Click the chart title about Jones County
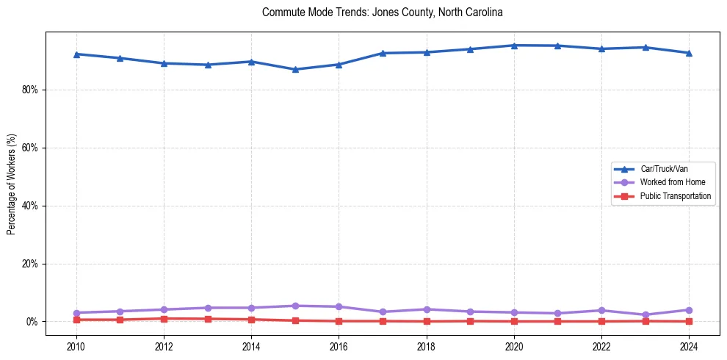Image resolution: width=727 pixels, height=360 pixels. coord(382,12)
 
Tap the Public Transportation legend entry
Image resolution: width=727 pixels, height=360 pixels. coord(675,196)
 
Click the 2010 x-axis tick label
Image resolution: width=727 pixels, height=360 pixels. coord(76,346)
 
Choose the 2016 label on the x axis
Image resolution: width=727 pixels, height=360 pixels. coord(339,346)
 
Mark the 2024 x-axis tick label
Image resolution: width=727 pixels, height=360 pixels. coord(689,346)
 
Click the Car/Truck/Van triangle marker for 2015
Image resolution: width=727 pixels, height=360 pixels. coord(295,69)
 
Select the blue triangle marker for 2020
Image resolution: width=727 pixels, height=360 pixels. coord(514,46)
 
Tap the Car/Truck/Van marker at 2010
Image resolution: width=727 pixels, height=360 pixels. coord(76,54)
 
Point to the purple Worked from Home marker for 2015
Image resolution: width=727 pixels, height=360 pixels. coord(295,306)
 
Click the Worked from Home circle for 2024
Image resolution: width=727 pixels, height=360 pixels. coord(689,310)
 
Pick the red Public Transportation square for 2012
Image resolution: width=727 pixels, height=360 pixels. coord(164,319)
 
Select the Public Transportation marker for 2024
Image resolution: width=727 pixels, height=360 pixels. coord(689,321)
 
